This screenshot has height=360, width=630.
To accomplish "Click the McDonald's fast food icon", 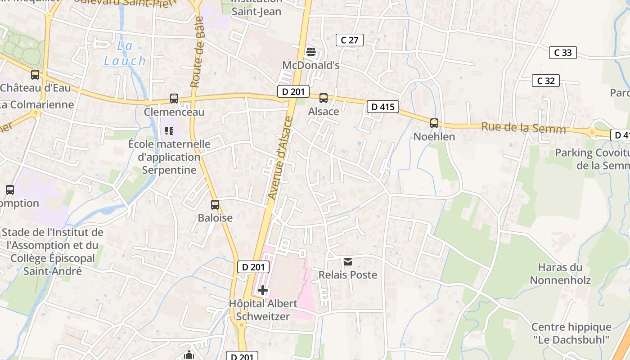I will tap(310, 51).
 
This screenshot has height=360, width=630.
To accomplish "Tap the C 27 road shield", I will tap(350, 40).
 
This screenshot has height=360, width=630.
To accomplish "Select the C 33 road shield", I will tap(563, 53).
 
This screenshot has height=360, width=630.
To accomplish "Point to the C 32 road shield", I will tap(546, 81).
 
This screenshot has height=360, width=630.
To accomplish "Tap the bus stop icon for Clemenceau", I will tap(174, 99).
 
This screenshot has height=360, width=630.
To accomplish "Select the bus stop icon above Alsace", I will tap(323, 98).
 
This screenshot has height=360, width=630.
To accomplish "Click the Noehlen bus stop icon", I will tap(434, 123).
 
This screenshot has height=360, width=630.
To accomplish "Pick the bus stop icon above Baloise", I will tap(215, 205).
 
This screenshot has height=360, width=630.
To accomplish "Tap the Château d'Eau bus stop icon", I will tap(35, 75).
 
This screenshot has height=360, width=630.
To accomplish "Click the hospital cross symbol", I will tap(263, 290).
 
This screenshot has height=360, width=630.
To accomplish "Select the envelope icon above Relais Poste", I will tap(348, 261).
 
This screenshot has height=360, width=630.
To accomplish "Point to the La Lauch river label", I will tap(125, 53).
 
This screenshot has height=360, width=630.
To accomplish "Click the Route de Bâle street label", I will tap(198, 52).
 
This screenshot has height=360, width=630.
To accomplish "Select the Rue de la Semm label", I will tap(523, 128).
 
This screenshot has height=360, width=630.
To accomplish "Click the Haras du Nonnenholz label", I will tap(560, 274).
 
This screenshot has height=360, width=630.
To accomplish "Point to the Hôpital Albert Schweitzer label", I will tap(263, 310).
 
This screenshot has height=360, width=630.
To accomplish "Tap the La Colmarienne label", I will tap(37, 104).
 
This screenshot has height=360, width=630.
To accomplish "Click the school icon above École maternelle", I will tap(169, 131).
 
